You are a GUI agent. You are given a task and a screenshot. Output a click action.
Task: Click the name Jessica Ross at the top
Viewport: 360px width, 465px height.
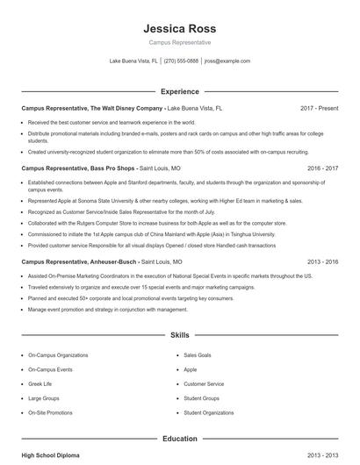179,27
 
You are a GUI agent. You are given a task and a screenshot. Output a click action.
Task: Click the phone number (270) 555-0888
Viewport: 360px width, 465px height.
181,61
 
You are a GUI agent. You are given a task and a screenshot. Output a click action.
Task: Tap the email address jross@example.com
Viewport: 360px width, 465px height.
227,61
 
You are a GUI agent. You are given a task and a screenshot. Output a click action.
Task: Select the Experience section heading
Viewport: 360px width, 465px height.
179,90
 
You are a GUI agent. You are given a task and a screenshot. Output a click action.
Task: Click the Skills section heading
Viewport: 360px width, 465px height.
179,335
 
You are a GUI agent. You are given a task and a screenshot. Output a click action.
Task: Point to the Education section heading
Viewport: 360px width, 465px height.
179,438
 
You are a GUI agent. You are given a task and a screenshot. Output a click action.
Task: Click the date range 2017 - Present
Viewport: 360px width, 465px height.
319,108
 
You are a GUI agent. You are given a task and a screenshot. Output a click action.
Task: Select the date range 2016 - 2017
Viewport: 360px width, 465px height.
321,167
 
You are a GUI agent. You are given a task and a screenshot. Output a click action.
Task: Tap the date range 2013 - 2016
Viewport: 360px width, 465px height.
321,261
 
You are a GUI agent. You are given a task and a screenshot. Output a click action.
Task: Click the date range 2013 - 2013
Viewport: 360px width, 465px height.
321,456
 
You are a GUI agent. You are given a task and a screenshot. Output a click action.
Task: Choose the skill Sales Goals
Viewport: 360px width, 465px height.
197,355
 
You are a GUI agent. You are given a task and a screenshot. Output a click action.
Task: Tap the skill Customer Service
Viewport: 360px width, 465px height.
204,383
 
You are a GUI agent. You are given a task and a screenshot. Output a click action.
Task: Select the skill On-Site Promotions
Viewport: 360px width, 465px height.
50,412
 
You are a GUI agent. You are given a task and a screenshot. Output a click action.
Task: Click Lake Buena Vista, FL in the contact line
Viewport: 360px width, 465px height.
133,61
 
